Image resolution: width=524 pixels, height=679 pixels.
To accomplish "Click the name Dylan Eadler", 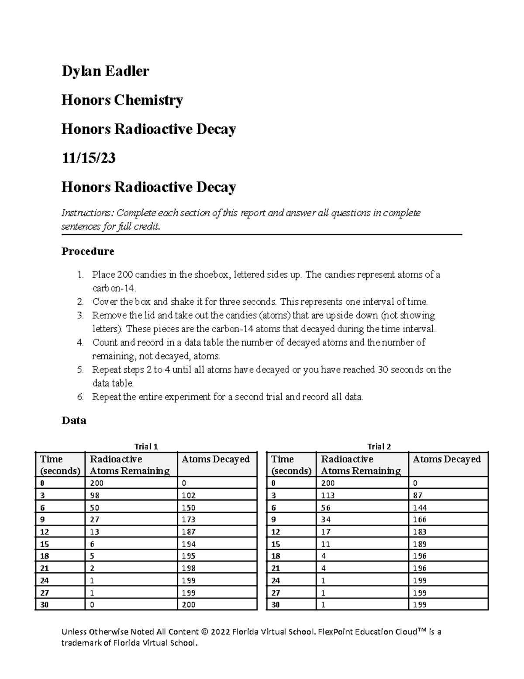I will (x=105, y=71).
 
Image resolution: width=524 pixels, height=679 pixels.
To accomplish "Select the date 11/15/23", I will (x=89, y=158).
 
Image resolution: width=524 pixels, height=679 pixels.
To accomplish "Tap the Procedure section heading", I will (x=88, y=251).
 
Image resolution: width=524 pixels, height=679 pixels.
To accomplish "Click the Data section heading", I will (x=74, y=421).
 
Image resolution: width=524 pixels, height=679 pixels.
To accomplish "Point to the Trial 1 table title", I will (x=146, y=446).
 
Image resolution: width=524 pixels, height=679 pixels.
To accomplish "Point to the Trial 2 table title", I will (x=379, y=446).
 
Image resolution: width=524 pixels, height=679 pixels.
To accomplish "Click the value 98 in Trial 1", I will (x=95, y=495).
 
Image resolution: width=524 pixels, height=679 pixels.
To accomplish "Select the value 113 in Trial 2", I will (x=327, y=495).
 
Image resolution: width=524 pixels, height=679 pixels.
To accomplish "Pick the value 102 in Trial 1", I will (x=188, y=495).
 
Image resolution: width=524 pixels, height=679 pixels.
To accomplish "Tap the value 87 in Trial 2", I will (x=417, y=495).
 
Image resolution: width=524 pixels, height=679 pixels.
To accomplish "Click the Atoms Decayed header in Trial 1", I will (x=215, y=459).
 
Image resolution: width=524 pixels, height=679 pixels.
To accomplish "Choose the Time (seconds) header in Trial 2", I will (x=291, y=465).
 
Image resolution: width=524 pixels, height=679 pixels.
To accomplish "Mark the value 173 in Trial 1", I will (x=188, y=520).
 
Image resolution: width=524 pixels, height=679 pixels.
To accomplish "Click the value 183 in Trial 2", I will (x=420, y=532).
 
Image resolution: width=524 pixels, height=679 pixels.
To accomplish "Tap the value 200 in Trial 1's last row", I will (x=188, y=605).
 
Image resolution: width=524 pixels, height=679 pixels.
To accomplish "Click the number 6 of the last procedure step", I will (x=79, y=397).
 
